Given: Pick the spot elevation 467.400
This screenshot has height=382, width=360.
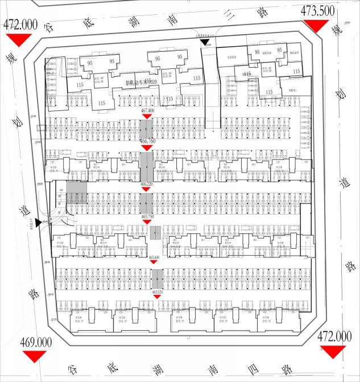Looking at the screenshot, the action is pyautogui.click(x=148, y=110).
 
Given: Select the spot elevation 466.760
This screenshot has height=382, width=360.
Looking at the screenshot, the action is pyautogui.click(x=148, y=141).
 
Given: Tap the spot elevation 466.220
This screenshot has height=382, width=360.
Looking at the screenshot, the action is pyautogui.click(x=148, y=185).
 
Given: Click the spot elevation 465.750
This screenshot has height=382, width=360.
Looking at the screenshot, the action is pyautogui.click(x=148, y=216).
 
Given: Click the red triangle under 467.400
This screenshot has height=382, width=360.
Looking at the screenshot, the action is pyautogui.click(x=147, y=116).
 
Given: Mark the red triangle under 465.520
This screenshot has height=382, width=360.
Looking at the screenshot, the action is pyautogui.click(x=158, y=298).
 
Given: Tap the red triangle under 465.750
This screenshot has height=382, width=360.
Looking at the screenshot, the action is pyautogui.click(x=147, y=222).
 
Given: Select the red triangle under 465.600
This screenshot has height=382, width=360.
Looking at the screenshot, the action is pyautogui.click(x=155, y=263).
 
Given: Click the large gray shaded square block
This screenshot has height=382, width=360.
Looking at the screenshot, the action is pyautogui.click(x=77, y=193).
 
